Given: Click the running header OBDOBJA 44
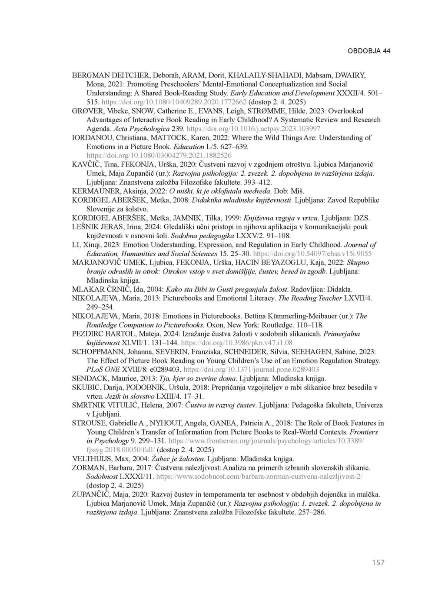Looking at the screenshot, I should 369,51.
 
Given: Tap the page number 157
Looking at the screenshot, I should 378,563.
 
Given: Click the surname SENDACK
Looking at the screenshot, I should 88,378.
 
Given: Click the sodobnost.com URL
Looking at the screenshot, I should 259,477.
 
